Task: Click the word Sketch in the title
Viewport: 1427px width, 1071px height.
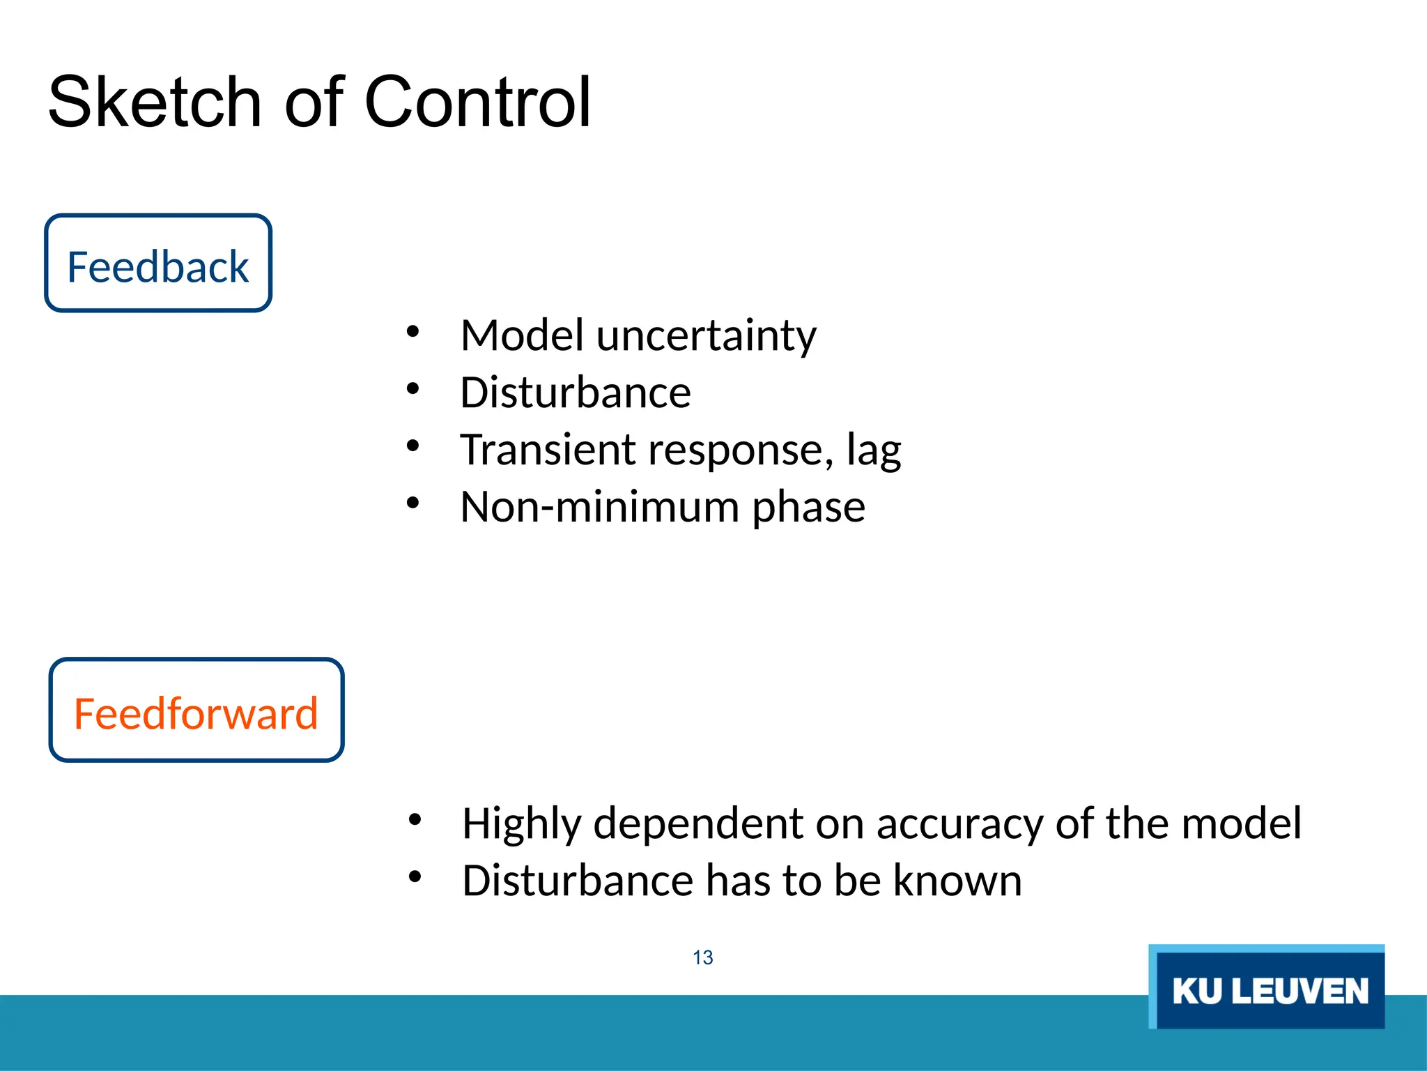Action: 155,102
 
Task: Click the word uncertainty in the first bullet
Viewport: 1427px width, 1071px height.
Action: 706,335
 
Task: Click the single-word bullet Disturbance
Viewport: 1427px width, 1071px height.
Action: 575,392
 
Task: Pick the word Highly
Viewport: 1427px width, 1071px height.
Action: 521,825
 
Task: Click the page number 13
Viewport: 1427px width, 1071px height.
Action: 702,957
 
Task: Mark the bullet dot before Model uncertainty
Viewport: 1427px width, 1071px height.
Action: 413,332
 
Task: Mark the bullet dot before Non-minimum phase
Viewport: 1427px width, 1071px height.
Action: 413,503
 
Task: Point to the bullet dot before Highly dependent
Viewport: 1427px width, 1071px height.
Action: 415,819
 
